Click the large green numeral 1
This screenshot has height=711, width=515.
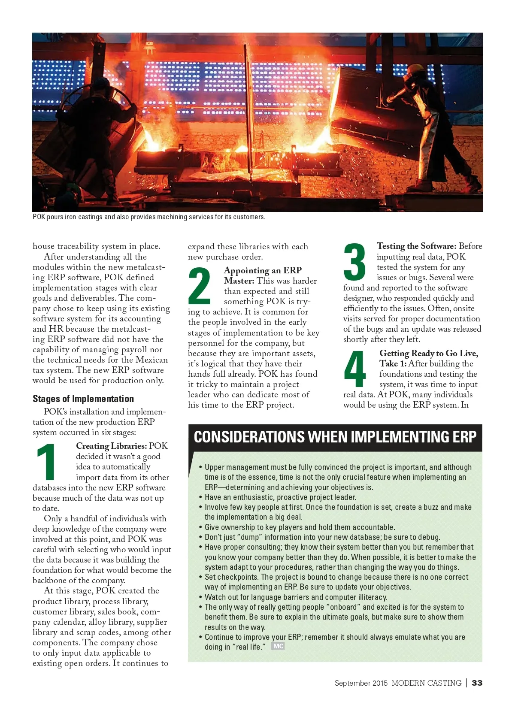pos(46,462)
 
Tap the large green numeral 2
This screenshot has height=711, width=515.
pos(199,285)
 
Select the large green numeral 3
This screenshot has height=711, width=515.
pos(354,261)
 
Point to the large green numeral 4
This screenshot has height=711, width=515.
pos(354,369)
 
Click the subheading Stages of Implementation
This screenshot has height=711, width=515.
pos(83,399)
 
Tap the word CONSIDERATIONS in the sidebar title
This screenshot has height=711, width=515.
pos(249,437)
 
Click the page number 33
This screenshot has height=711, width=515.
pos(477,683)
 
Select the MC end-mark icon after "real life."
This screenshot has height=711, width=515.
pos(278,646)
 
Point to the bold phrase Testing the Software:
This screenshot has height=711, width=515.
pos(416,246)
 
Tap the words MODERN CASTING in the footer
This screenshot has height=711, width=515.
pos(426,683)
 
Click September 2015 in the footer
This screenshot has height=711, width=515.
pos(361,683)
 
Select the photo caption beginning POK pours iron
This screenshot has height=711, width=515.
pos(149,217)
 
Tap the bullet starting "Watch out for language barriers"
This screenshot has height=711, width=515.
pos(296,597)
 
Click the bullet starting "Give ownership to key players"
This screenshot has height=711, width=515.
pos(300,527)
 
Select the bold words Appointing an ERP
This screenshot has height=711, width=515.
pos(263,270)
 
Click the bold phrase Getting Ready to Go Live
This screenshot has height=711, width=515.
pos(428,353)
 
